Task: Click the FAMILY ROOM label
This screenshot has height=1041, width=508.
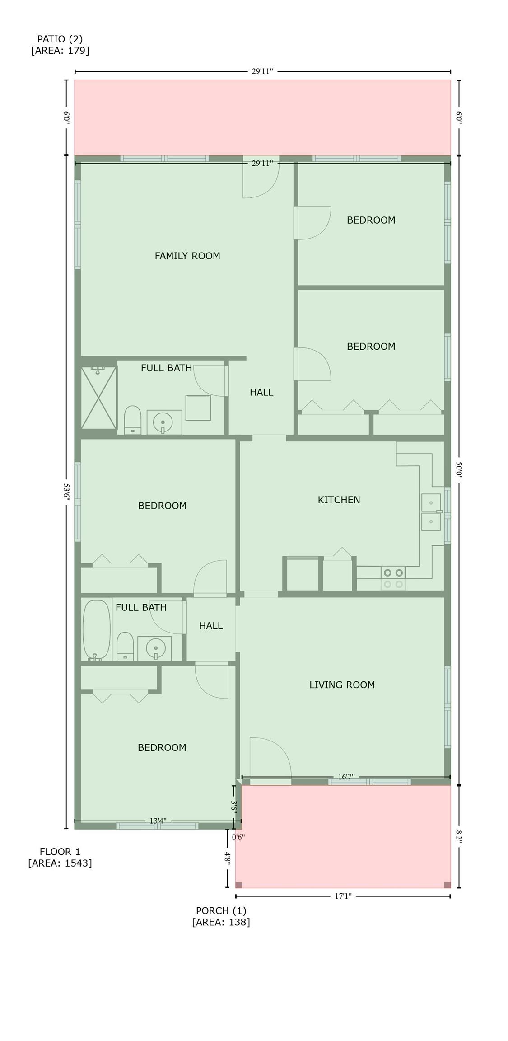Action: pos(187,256)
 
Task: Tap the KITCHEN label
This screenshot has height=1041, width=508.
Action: pos(339,500)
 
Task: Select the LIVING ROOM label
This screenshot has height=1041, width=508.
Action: pos(342,685)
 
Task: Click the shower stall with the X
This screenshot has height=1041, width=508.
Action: pos(99,398)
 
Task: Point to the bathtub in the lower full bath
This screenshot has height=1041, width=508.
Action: pos(97,630)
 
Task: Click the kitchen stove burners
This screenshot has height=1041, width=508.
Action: pos(393,578)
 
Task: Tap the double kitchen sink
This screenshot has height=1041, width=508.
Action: pos(431,512)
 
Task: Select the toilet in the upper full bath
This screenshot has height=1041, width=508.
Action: pos(133,420)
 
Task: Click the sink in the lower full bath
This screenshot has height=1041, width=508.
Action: pos(154,648)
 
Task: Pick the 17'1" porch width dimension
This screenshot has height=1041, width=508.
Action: pos(343,896)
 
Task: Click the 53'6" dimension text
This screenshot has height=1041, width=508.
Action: pos(66,492)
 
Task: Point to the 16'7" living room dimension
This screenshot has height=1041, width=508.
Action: pos(346,777)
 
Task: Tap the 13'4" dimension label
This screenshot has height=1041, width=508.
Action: pos(158,821)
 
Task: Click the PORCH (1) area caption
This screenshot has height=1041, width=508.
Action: pos(221,916)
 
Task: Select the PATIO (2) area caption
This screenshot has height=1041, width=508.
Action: pos(60,44)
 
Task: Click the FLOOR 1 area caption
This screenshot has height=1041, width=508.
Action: pos(60,857)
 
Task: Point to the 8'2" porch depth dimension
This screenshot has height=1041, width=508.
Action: pos(459,836)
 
